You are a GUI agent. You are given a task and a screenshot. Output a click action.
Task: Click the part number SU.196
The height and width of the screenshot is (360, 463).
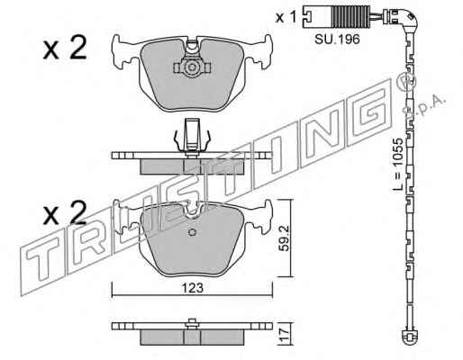tap(337, 40)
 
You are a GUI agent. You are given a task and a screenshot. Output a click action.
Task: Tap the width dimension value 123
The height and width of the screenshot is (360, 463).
tap(193, 289)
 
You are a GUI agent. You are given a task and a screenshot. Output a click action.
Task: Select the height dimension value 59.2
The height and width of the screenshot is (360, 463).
tap(285, 238)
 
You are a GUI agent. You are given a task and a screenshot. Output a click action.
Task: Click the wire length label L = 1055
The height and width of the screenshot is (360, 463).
tap(398, 164)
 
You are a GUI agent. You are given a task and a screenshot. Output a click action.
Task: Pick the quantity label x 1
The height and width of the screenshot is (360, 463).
tap(286, 18)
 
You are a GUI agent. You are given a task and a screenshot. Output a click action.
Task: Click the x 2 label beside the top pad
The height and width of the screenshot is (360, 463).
tap(65, 48)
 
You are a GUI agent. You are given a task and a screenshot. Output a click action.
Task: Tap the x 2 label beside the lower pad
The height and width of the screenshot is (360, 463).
tap(65, 212)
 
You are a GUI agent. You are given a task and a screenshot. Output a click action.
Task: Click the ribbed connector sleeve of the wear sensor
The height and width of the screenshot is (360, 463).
tap(350, 16)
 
